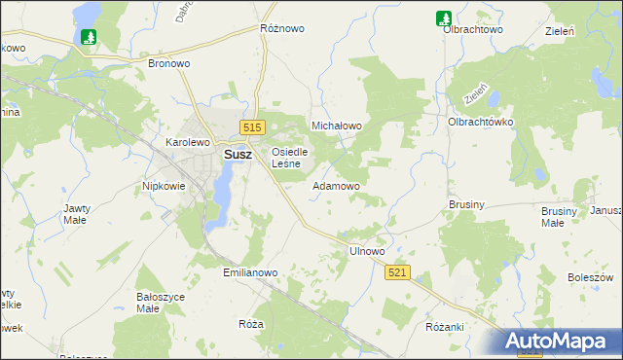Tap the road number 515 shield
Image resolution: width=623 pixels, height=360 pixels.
coord(253,127)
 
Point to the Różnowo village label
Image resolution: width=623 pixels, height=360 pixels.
coord(282,29)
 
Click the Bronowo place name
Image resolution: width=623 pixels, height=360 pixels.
coord(168,63)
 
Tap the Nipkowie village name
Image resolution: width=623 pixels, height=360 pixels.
coord(164,185)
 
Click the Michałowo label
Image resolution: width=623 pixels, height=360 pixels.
coord(336,126)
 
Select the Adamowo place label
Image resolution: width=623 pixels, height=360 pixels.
coord(336,185)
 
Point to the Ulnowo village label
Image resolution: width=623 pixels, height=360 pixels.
coord(367,251)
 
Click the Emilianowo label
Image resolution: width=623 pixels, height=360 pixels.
coord(251,273)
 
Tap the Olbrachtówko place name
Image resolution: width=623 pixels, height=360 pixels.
coord(480,122)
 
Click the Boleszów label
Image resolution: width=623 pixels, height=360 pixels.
coord(589,277)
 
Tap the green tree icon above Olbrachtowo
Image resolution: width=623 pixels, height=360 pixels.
coord(443,17)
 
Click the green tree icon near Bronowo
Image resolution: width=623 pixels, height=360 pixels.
coord(90,37)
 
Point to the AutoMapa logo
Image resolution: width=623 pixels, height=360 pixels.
coord(563,342)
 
